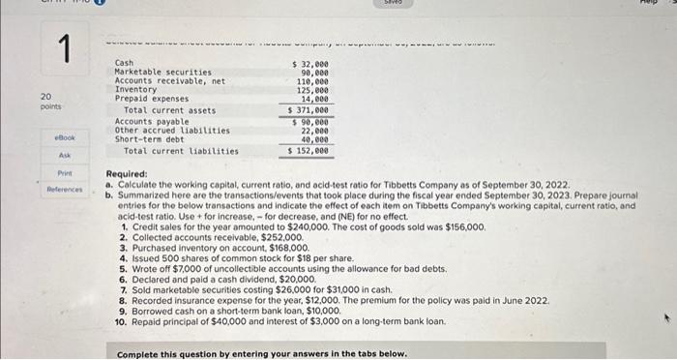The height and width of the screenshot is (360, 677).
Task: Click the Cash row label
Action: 125,63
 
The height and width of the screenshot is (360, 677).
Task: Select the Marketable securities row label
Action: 162,72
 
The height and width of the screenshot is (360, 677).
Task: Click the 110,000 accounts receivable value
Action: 312,80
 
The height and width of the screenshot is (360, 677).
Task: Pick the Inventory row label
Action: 135,89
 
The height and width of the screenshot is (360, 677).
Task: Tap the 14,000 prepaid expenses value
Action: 314,98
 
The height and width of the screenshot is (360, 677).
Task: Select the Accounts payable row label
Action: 147,121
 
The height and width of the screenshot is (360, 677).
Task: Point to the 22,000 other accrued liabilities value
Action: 314,130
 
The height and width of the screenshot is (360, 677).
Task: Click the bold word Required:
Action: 127,174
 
